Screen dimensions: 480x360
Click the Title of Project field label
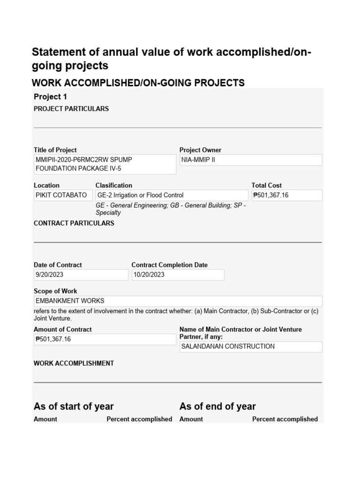point(55,150)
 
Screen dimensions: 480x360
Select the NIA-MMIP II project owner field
point(251,160)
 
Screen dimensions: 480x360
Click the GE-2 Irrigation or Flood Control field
point(172,195)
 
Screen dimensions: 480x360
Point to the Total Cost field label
point(267,185)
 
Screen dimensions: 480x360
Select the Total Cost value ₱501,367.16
point(286,195)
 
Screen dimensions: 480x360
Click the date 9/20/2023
point(81,275)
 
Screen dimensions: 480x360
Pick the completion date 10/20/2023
point(178,275)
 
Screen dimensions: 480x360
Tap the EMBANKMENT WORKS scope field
point(178,301)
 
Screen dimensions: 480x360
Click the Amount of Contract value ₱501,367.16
point(105,339)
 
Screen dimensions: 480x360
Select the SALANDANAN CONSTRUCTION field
point(251,347)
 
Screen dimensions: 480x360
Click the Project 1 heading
point(47,97)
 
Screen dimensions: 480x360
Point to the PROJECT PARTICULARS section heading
point(71,109)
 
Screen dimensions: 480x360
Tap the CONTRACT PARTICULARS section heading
point(74,223)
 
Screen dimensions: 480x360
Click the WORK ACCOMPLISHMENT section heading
point(74,363)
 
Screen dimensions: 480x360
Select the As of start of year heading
point(74,406)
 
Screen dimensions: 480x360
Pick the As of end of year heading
point(217,406)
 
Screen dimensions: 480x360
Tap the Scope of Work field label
point(55,291)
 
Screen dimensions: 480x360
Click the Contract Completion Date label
point(169,265)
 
